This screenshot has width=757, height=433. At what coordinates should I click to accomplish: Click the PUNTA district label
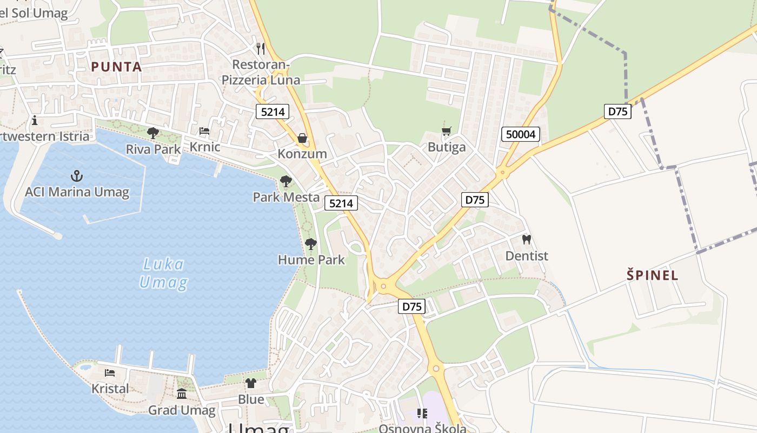point(116,67)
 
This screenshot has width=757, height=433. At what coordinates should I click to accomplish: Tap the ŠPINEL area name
point(652,275)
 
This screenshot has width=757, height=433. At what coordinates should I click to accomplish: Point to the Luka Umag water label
point(163,273)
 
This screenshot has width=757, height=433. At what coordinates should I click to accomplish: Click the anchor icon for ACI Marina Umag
point(77,176)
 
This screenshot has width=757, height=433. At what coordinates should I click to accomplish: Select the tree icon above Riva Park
point(153,133)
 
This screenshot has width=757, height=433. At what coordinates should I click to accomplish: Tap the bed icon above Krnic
point(204,131)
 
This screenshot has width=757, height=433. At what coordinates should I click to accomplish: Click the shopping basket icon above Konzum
point(302,138)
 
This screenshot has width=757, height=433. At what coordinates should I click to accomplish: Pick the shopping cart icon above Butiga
point(446,132)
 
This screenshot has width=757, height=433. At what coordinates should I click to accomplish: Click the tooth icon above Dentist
point(527,239)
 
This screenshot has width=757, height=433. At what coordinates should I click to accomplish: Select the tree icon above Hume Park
point(311,244)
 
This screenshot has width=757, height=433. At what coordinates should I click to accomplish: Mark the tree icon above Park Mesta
point(285,181)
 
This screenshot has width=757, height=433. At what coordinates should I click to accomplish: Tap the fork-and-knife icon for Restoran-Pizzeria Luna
point(261,49)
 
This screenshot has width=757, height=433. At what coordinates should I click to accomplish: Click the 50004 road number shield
point(521,134)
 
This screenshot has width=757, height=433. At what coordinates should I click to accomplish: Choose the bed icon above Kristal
point(110,373)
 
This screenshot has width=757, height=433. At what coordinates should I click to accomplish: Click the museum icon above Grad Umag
point(182,394)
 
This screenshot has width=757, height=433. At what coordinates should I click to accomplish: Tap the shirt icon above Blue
point(251,384)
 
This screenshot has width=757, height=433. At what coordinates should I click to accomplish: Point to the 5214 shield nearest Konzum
point(273,112)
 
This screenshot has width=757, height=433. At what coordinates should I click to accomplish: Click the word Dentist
point(527,256)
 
